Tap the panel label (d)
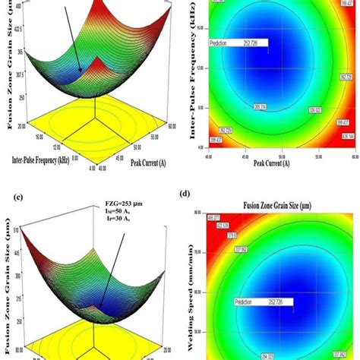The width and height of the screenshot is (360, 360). click(x=185, y=198)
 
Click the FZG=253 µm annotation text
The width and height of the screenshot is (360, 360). click(x=113, y=204)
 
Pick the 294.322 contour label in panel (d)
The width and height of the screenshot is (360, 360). click(x=269, y=354)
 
